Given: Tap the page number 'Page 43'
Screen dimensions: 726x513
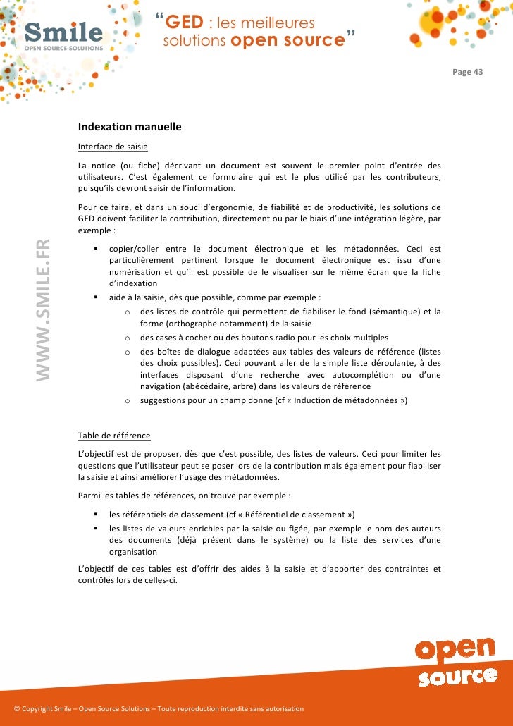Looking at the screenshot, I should point(468,72).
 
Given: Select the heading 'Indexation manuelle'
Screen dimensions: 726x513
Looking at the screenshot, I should point(130,128).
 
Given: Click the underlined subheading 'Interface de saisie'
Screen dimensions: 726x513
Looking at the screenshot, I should point(113,147).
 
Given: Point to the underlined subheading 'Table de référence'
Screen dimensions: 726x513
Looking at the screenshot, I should point(114,436).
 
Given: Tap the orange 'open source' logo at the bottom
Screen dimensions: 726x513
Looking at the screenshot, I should point(455,662).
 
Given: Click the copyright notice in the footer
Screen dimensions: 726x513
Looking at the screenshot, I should point(159,708).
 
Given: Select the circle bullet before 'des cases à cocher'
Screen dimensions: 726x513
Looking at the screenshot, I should point(127,338).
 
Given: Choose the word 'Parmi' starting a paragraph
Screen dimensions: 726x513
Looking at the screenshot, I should point(89,496).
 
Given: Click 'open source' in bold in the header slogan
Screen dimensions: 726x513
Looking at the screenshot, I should point(287,41).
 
